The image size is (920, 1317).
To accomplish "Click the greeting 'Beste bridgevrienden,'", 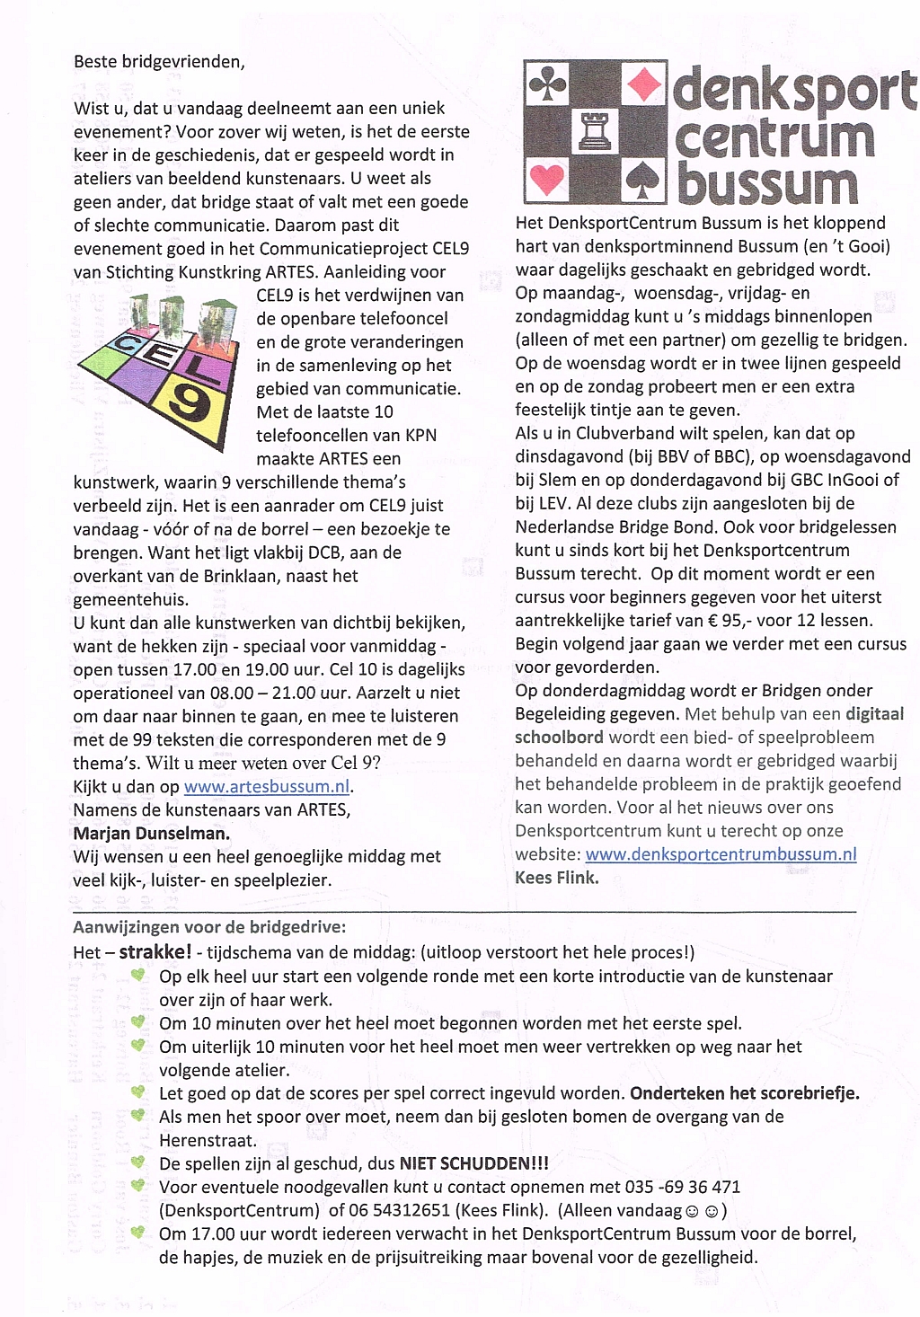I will (159, 62).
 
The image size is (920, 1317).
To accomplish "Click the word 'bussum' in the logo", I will (768, 183).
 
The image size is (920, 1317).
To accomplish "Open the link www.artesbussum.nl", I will (267, 787).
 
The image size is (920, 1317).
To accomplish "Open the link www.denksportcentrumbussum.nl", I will (721, 854).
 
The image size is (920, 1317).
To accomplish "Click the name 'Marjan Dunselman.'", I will (151, 834).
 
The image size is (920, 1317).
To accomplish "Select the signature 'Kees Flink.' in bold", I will (557, 878).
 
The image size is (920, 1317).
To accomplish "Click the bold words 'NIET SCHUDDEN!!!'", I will (473, 1163).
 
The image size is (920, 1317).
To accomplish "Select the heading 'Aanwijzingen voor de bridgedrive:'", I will (209, 927).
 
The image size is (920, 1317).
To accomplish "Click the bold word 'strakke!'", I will (155, 952).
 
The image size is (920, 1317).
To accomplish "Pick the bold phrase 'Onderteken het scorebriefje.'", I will (745, 1093).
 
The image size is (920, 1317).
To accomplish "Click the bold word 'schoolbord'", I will (560, 738).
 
